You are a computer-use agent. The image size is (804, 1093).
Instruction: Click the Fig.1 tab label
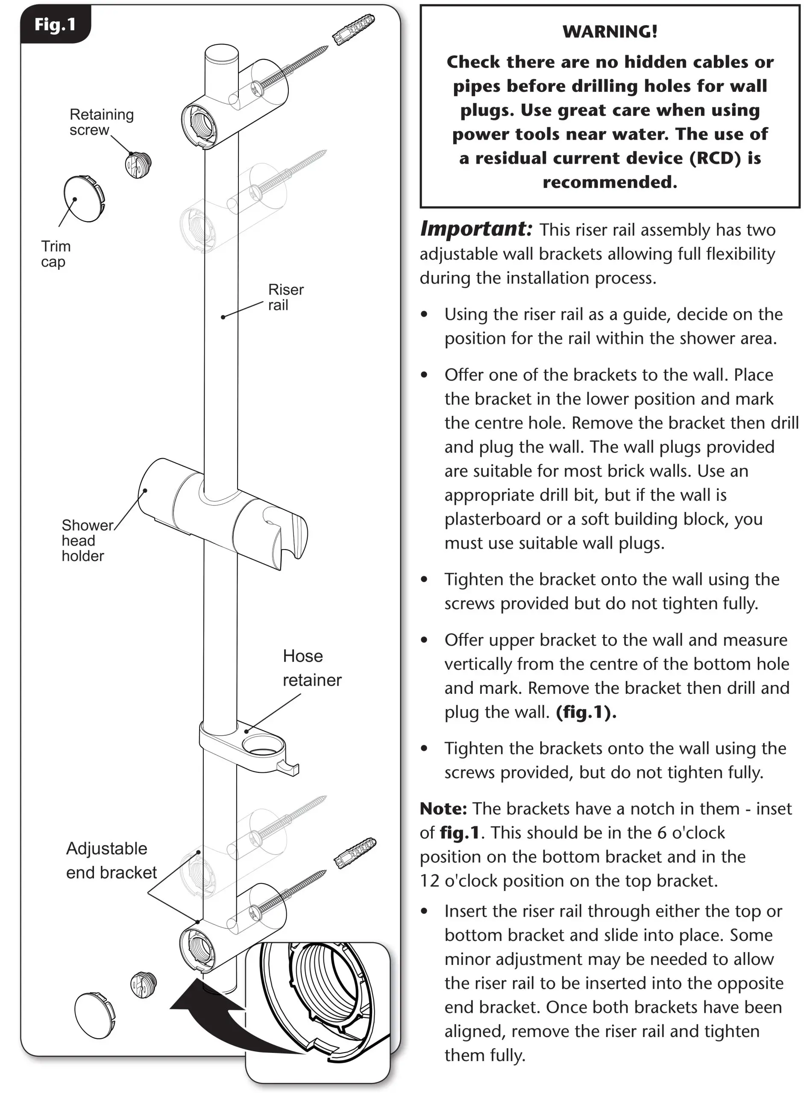(55, 24)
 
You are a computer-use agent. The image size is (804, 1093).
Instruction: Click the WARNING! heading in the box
(610, 32)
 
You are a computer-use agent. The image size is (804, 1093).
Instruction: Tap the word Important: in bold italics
(476, 228)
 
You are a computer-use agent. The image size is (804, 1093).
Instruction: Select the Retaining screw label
(101, 122)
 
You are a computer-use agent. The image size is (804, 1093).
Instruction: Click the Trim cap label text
(56, 254)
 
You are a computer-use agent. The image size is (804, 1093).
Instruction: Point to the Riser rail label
(286, 297)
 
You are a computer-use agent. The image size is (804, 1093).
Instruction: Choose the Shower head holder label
(87, 541)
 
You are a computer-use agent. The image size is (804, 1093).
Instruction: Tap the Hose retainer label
(312, 667)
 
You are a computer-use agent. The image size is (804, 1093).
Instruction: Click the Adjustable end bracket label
(111, 860)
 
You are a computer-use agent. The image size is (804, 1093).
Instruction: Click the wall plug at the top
(354, 29)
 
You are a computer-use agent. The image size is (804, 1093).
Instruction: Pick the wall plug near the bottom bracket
(355, 853)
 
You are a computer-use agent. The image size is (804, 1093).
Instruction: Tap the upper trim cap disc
(85, 199)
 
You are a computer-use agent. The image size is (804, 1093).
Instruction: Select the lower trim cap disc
(95, 1015)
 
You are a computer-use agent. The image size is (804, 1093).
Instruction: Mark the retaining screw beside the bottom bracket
(144, 985)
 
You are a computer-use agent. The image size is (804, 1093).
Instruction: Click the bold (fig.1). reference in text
(586, 712)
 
